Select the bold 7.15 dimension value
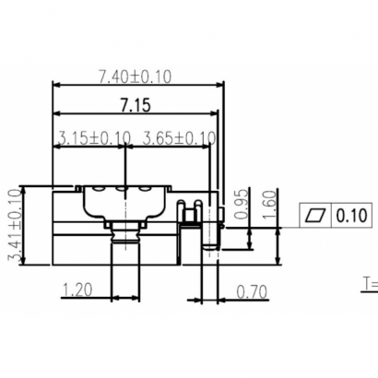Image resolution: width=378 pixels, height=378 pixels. pyautogui.click(x=134, y=105)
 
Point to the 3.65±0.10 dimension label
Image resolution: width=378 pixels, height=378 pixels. pyautogui.click(x=181, y=138)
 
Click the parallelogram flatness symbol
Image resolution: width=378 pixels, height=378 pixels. pyautogui.click(x=315, y=216)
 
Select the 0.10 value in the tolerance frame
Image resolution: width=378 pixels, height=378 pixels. pyautogui.click(x=351, y=216)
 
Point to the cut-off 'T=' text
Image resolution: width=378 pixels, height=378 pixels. pyautogui.click(x=369, y=282)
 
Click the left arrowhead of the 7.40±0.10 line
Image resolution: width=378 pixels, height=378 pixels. pyautogui.click(x=54, y=86)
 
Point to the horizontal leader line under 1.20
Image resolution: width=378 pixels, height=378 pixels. pyautogui.click(x=92, y=300)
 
